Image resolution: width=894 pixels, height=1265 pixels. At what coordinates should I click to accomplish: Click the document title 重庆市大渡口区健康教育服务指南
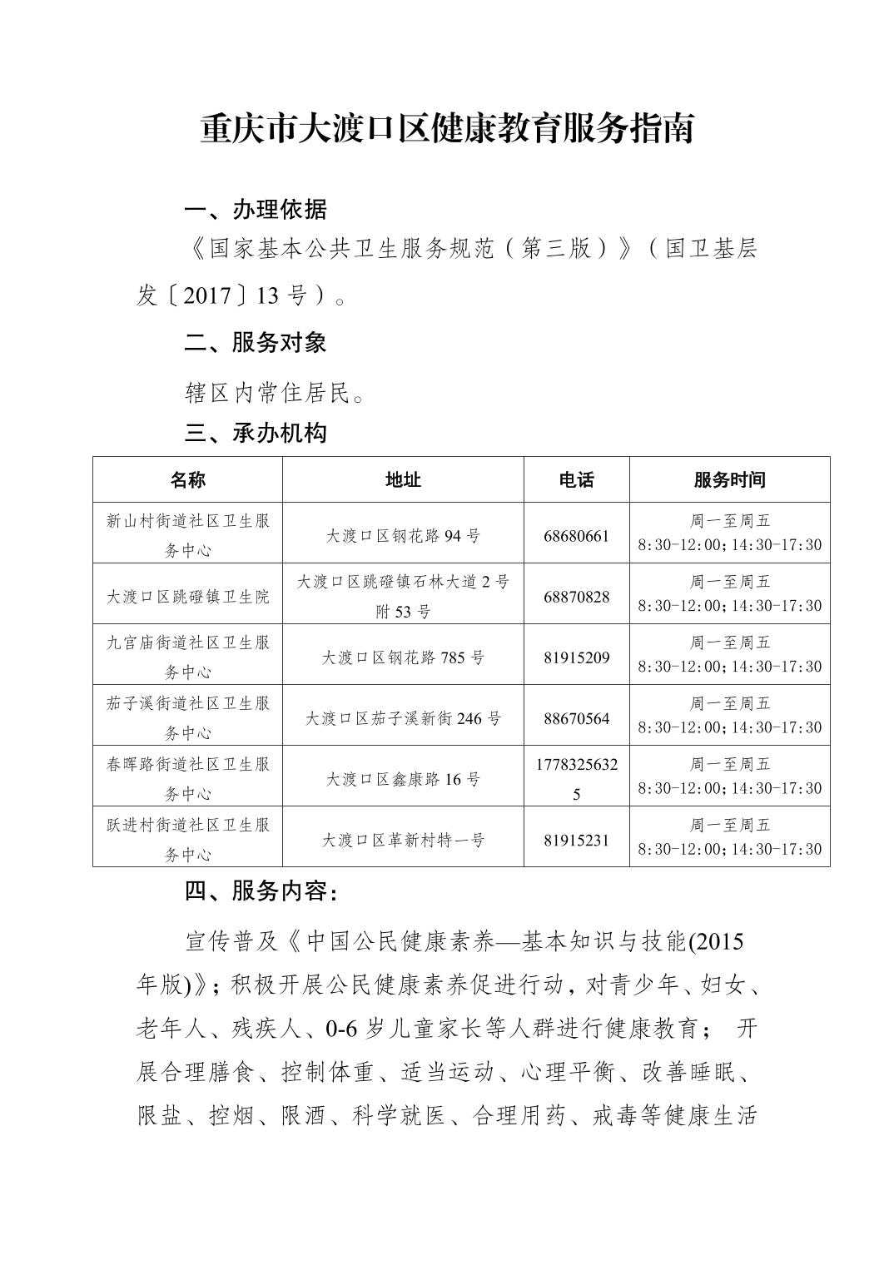447,130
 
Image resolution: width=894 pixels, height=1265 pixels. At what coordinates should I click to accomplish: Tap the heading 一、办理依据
256,210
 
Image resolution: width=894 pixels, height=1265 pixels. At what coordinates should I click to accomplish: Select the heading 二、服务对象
256,342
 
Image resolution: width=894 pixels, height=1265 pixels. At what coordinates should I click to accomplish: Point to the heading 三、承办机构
256,434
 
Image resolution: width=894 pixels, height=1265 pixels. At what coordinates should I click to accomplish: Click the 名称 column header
187,479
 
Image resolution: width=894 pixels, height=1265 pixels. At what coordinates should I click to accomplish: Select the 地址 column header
403,479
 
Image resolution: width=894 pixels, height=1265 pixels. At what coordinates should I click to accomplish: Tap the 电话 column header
576,479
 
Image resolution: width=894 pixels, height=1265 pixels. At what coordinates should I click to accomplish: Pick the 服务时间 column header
729,479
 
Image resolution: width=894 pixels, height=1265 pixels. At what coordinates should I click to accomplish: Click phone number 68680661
576,536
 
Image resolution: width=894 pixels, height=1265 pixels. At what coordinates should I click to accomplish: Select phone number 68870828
576,597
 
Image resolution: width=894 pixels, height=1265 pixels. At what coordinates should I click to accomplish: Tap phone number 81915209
576,657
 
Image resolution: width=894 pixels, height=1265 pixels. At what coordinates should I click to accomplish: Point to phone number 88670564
576,718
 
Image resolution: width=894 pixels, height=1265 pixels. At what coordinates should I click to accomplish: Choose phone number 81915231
576,841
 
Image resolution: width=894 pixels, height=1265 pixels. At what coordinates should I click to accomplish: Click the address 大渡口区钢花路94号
403,536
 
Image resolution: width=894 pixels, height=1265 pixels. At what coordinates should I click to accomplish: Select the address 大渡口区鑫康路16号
403,780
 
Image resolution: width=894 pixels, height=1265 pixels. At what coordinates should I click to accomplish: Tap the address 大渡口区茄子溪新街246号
403,718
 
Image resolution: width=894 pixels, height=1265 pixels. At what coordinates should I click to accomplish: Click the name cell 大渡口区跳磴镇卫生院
187,597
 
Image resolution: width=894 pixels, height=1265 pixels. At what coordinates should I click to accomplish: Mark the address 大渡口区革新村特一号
403,841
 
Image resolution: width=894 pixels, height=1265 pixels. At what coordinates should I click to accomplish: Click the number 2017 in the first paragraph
206,296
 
